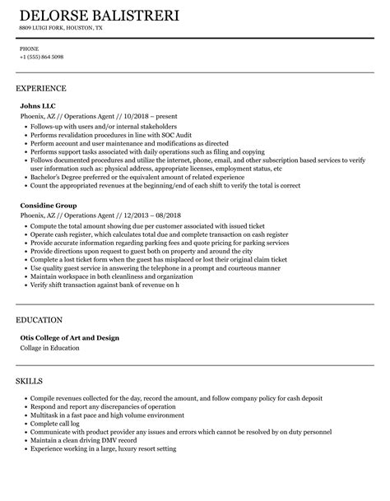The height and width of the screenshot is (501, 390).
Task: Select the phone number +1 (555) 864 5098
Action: point(42,57)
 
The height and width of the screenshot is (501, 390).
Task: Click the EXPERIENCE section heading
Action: point(41,87)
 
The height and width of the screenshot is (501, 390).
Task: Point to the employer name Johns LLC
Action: point(36,106)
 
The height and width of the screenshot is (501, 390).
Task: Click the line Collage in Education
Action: point(54,348)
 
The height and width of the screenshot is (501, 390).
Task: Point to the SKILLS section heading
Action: point(29,382)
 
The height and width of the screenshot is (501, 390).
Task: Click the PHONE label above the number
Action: point(29,49)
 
